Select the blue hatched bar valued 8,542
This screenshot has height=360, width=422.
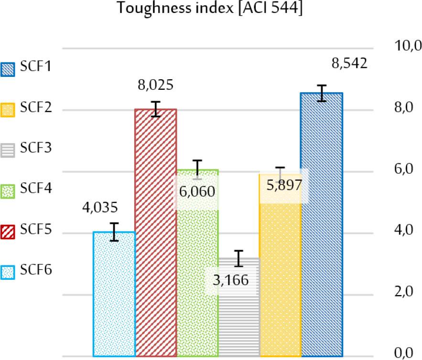coord(322,224)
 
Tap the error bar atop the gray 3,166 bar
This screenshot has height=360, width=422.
coord(239,258)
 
